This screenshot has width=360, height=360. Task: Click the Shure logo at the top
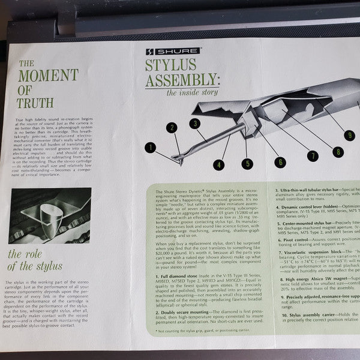click(164, 52)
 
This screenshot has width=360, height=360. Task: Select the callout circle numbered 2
click(172, 127)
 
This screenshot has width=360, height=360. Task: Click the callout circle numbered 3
click(193, 123)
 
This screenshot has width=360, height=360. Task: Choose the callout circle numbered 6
click(280, 161)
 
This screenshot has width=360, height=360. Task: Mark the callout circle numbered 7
click(311, 155)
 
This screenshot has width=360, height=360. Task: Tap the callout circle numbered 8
click(338, 151)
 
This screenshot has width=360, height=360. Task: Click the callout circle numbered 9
click(350, 135)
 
